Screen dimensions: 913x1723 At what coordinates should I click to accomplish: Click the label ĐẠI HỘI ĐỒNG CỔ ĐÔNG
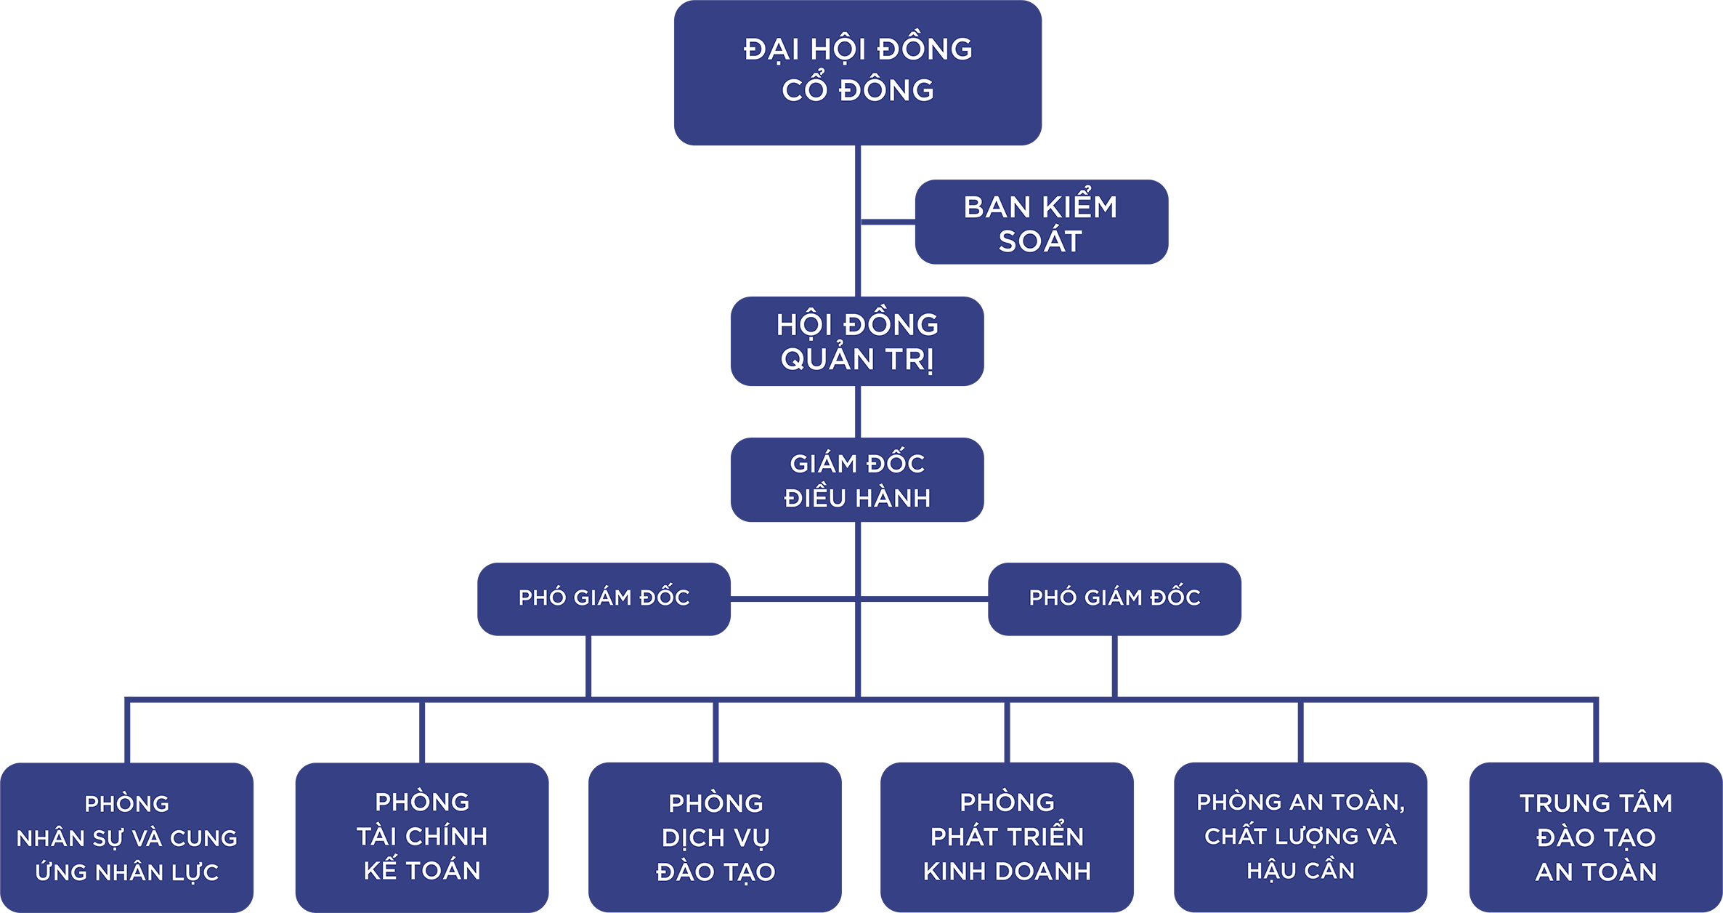click(x=858, y=69)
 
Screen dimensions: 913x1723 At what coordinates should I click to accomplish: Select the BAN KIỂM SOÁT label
click(x=1040, y=224)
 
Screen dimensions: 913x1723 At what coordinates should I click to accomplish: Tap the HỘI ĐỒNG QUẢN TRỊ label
click(x=857, y=342)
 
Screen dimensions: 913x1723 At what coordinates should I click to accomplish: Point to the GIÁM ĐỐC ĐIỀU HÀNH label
click(x=857, y=480)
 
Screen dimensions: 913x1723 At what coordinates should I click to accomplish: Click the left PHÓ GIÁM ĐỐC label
click(x=604, y=598)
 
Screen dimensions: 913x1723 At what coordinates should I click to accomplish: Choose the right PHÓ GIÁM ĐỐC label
click(x=1114, y=598)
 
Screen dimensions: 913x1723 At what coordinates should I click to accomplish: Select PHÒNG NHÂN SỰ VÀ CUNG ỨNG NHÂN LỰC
click(x=127, y=837)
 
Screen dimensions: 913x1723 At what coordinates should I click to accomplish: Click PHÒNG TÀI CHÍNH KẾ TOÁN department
click(x=422, y=836)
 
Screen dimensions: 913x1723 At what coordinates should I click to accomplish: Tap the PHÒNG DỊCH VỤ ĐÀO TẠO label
click(x=715, y=837)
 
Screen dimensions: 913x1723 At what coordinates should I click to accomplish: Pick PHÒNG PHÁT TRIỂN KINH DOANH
click(x=1007, y=837)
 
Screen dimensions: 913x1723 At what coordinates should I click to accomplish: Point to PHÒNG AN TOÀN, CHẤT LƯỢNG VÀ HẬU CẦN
click(x=1300, y=836)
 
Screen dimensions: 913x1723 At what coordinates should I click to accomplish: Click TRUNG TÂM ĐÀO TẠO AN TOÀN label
click(x=1596, y=837)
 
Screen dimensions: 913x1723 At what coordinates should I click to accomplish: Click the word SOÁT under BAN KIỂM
click(x=1040, y=241)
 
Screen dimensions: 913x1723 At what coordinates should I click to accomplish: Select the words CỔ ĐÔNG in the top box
click(x=858, y=90)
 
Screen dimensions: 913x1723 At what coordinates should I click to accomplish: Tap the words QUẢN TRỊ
click(x=857, y=359)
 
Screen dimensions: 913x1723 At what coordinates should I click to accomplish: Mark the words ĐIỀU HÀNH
click(x=857, y=498)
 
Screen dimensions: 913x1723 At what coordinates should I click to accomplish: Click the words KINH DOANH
click(x=1007, y=871)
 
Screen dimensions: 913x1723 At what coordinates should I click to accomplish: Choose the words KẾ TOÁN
click(x=422, y=870)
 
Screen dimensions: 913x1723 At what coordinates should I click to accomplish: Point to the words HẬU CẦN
click(x=1300, y=870)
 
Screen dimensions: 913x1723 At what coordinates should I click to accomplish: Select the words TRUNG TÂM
click(x=1596, y=803)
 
